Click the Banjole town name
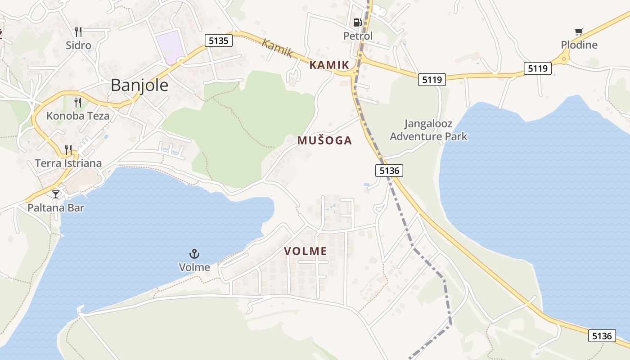click(139, 85)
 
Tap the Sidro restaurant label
click(78, 45)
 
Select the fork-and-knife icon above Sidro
click(78, 31)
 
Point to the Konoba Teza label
click(78, 116)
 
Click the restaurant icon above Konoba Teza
click(78, 103)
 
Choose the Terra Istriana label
click(68, 163)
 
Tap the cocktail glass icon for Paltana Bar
click(56, 194)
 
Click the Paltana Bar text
click(56, 207)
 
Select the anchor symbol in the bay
click(194, 254)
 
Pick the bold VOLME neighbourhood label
click(306, 251)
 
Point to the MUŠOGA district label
click(324, 140)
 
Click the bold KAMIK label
click(329, 65)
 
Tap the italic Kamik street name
click(277, 48)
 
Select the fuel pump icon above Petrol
click(358, 22)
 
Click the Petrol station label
click(358, 36)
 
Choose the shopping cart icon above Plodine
click(579, 31)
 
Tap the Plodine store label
click(579, 45)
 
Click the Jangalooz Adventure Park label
click(428, 130)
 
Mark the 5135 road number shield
click(219, 40)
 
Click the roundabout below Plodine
click(564, 58)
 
